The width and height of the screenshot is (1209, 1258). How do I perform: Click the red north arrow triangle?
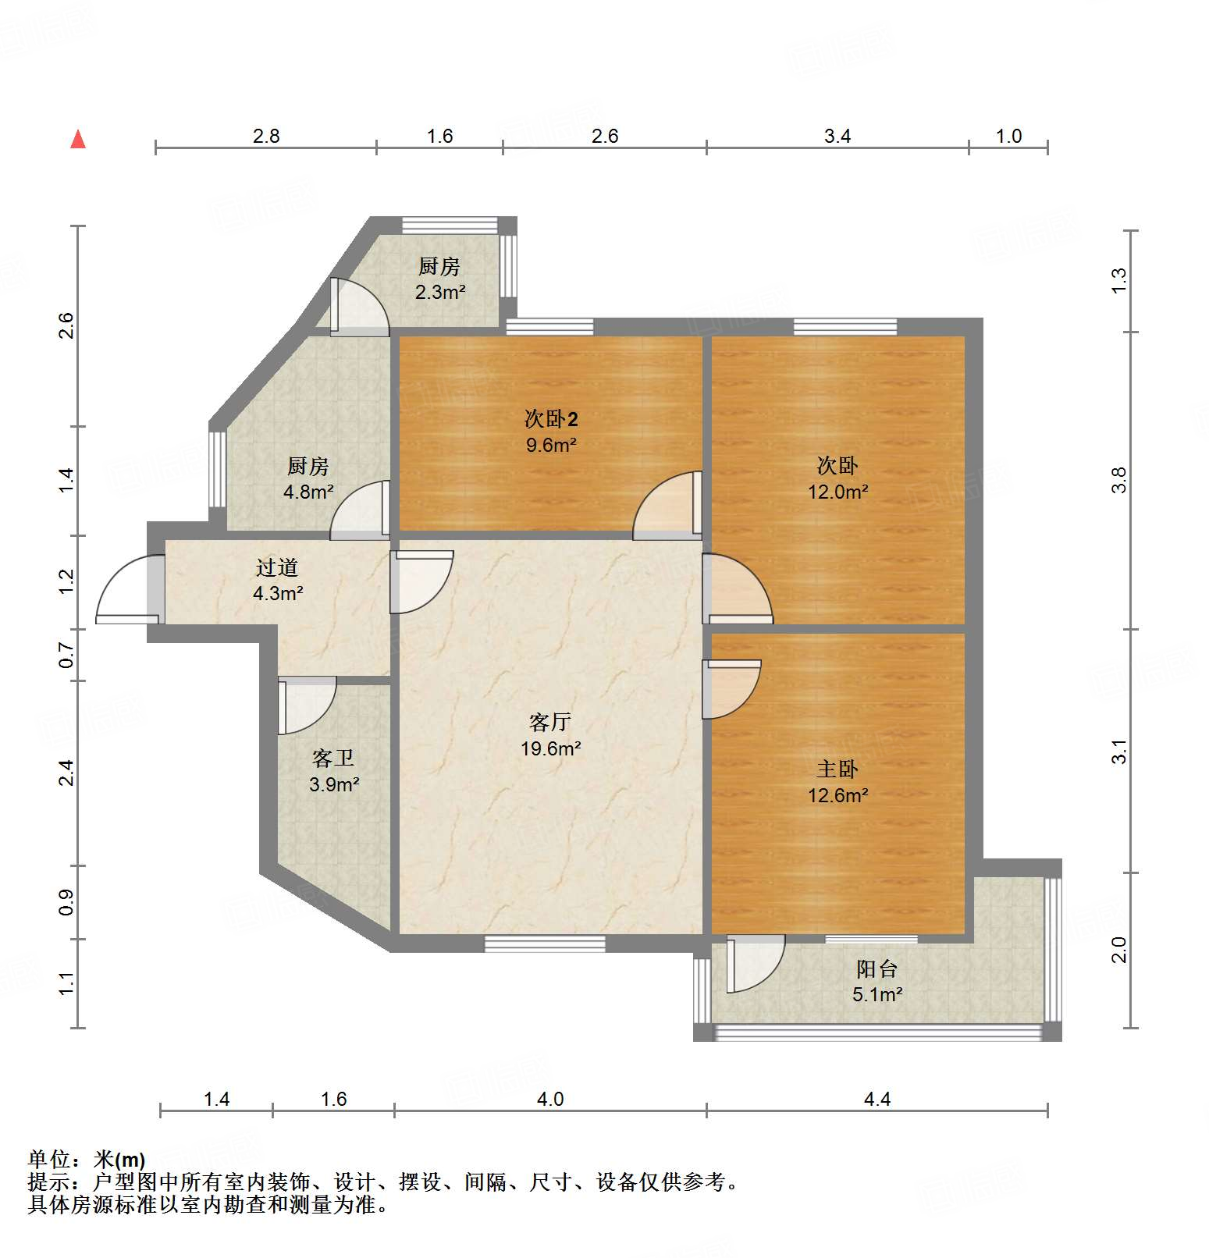click(78, 140)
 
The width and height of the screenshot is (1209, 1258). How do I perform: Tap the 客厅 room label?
click(550, 722)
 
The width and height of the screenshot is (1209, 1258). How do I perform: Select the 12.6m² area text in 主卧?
click(837, 795)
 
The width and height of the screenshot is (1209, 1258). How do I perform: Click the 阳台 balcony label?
click(877, 968)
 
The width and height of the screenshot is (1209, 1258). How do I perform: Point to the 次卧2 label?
click(551, 419)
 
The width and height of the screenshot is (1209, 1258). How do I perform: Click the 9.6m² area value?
click(551, 445)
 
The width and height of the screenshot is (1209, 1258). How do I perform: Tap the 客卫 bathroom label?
click(333, 758)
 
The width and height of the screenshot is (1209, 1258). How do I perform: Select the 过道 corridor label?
click(277, 567)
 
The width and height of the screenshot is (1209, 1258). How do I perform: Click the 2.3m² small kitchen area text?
click(440, 293)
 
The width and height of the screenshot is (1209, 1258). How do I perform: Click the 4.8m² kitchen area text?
click(308, 492)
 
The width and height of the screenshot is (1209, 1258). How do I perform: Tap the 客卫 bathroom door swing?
click(307, 705)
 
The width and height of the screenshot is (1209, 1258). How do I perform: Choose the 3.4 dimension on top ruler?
click(837, 137)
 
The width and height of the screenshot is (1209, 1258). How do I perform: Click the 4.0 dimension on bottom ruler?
click(550, 1099)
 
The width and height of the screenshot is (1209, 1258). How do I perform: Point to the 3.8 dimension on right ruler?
click(1119, 479)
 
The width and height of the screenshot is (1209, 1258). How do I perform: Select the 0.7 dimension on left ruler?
click(66, 655)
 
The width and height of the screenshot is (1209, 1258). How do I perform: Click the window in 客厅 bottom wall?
click(545, 943)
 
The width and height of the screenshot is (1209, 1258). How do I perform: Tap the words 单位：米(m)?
click(87, 1160)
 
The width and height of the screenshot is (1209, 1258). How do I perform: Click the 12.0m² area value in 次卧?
click(837, 492)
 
